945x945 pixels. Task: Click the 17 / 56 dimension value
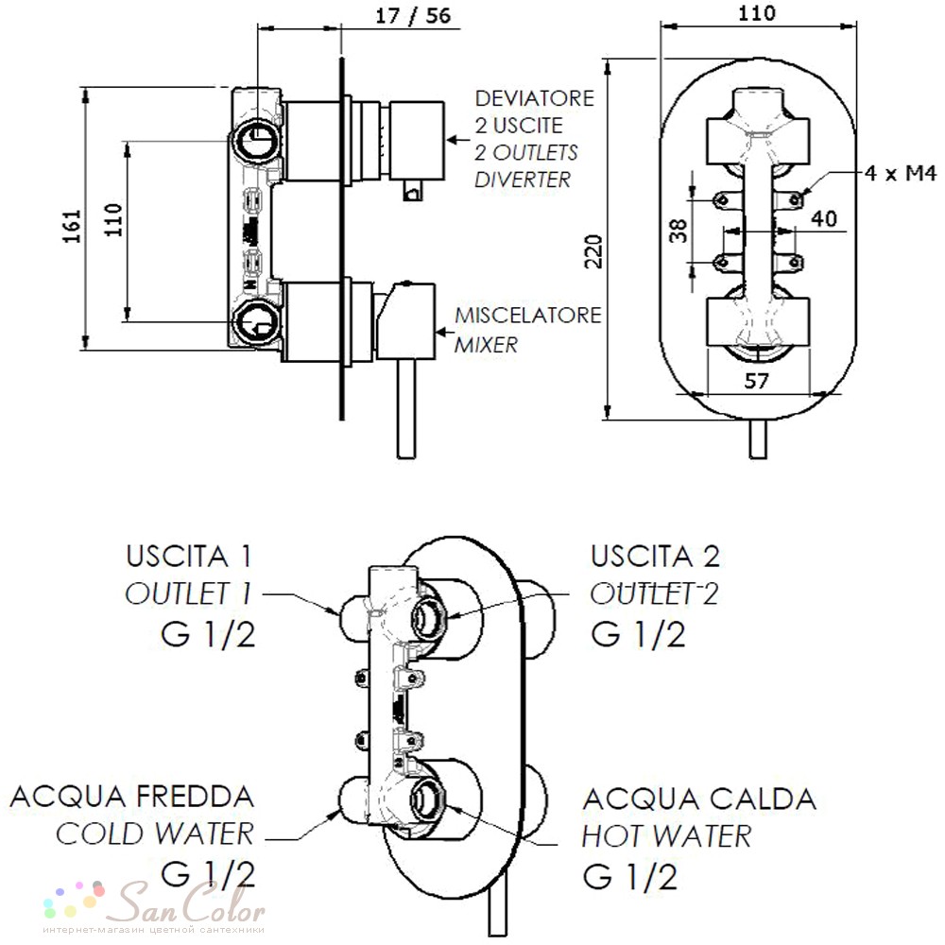(413, 16)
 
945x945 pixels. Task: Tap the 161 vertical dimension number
(73, 226)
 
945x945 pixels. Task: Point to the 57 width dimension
(756, 381)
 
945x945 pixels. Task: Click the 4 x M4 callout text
(901, 174)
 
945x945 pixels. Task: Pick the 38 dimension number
(678, 231)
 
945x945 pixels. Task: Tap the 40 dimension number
(824, 217)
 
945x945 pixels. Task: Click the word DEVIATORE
(535, 98)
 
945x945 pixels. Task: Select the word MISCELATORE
(528, 316)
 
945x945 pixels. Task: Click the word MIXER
(486, 345)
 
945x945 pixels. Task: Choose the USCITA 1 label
(189, 556)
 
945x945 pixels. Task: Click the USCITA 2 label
(655, 556)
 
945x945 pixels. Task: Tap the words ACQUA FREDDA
(132, 797)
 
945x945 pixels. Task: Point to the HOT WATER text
(666, 836)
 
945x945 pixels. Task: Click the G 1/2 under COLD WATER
(209, 874)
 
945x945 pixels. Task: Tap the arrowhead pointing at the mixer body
(441, 332)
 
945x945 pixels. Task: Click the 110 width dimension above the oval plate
(757, 12)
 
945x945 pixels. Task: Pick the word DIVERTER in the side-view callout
(523, 180)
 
